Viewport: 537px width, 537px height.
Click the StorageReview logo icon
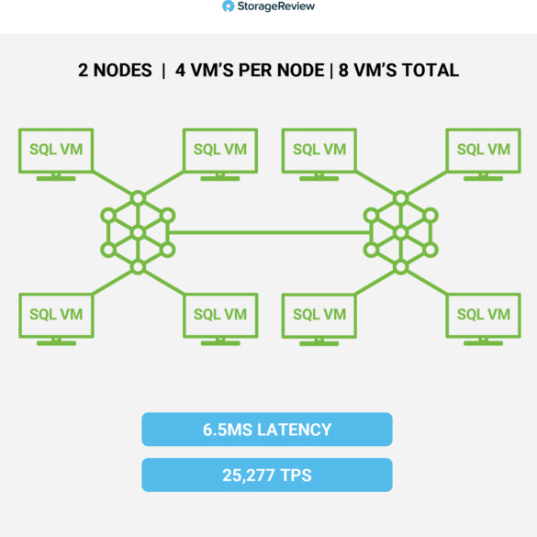[228, 6]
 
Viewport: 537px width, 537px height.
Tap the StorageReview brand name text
[276, 6]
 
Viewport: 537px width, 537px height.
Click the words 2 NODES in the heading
[115, 71]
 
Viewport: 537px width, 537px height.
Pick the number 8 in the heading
[343, 71]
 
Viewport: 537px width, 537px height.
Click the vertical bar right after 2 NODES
[163, 71]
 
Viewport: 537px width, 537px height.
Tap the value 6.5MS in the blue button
[228, 430]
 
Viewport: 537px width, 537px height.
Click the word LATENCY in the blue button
[294, 430]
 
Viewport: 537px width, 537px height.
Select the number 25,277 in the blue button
[248, 475]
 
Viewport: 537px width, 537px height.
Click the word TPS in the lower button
[296, 475]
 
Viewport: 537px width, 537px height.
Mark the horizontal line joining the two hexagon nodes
[270, 233]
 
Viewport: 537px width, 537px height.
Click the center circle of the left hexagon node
[138, 233]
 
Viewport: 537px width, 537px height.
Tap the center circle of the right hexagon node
[401, 233]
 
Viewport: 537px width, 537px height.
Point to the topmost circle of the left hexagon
[138, 198]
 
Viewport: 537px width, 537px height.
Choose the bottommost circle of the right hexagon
[401, 267]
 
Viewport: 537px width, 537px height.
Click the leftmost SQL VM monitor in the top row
[56, 154]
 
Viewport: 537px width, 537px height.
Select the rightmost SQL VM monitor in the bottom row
[483, 319]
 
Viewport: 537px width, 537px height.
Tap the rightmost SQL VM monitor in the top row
[483, 154]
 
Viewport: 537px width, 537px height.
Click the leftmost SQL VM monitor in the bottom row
[56, 319]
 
